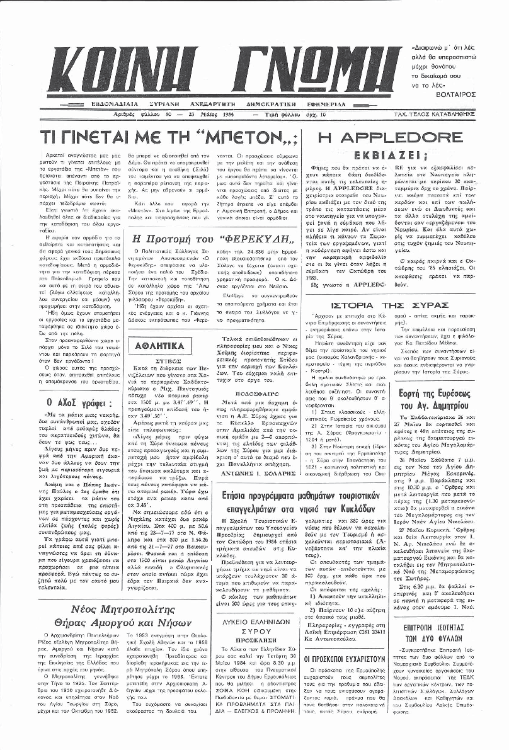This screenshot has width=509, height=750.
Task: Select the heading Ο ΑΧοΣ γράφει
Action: point(80,402)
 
